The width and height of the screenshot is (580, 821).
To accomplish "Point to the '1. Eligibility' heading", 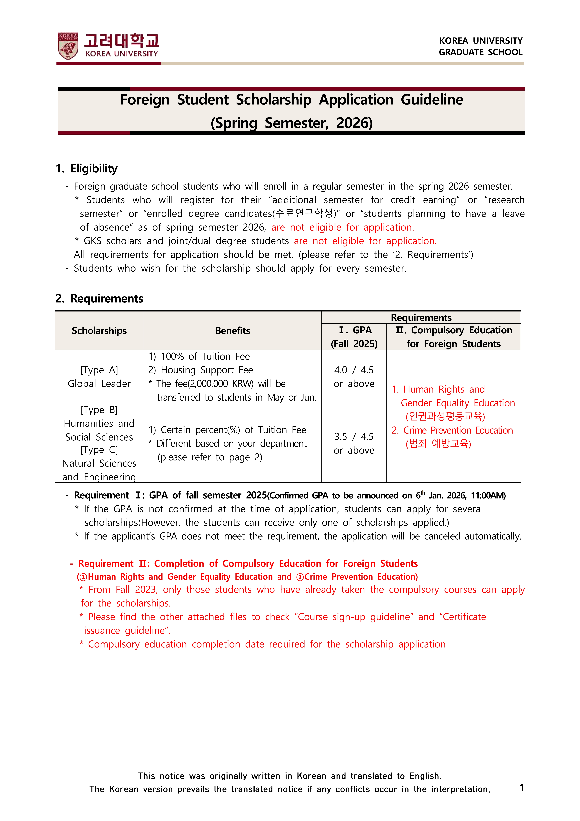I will point(87,168).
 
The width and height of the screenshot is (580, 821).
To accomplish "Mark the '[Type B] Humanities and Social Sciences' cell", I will point(99,423).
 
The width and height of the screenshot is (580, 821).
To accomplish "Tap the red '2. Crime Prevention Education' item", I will point(452,430).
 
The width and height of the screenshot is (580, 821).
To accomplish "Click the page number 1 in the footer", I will point(522,787).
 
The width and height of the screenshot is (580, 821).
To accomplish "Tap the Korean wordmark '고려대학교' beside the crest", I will point(121,41).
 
